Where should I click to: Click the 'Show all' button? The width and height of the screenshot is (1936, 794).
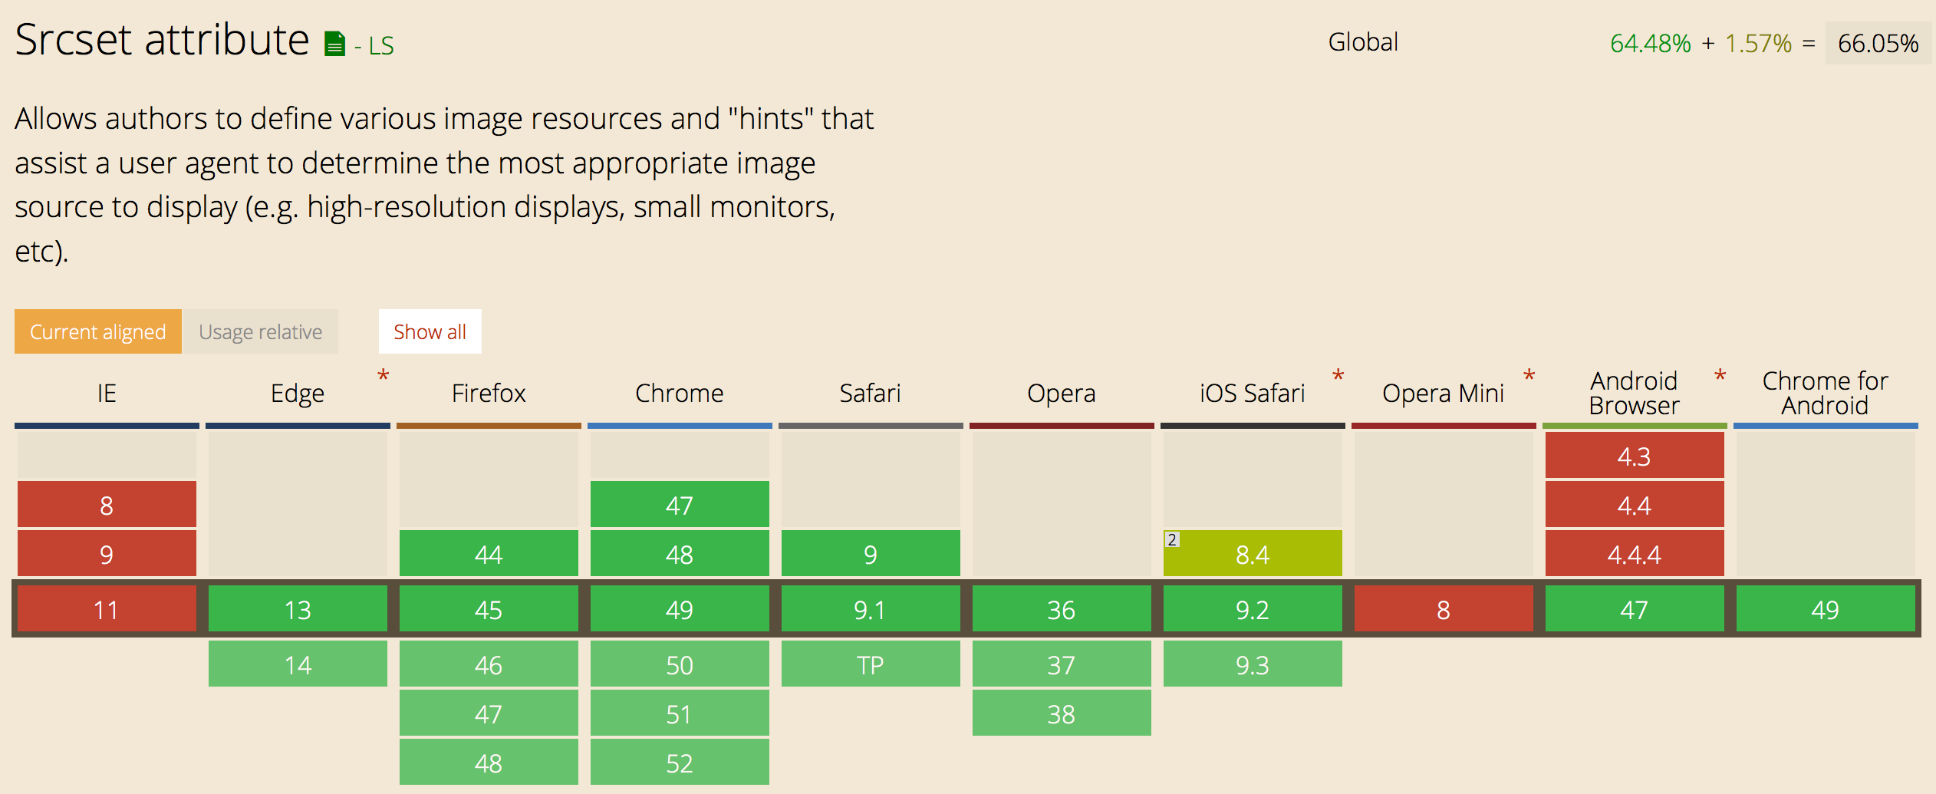tap(430, 331)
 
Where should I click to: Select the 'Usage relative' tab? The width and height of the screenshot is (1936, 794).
tap(260, 331)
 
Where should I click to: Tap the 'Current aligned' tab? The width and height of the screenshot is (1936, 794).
tap(98, 331)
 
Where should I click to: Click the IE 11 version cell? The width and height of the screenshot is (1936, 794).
tap(107, 609)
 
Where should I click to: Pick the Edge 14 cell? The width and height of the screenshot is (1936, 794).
tap(298, 664)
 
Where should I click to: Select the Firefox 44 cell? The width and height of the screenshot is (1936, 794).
tap(489, 553)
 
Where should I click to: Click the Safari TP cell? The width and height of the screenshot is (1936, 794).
tap(871, 664)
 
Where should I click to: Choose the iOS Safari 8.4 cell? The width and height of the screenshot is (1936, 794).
tap(1253, 553)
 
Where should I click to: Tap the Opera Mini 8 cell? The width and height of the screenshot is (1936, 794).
tap(1444, 609)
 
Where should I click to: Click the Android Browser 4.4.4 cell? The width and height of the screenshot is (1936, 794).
tap(1635, 553)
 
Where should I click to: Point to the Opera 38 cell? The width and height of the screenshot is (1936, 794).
tap(1062, 713)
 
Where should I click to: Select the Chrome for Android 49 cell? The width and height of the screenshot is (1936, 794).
tap(1826, 609)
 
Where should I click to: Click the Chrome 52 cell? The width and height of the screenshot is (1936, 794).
tap(680, 763)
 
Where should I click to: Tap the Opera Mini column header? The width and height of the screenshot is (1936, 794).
tap(1443, 394)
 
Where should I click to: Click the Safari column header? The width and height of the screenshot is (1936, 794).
tap(870, 394)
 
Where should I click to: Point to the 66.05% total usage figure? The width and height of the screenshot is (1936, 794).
tap(1878, 44)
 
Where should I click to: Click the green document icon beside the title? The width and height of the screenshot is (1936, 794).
tap(334, 44)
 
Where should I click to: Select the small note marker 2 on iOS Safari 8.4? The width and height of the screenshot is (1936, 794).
tap(1172, 539)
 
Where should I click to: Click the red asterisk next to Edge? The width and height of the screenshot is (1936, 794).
tap(384, 376)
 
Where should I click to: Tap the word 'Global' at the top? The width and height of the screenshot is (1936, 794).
tap(1363, 42)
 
